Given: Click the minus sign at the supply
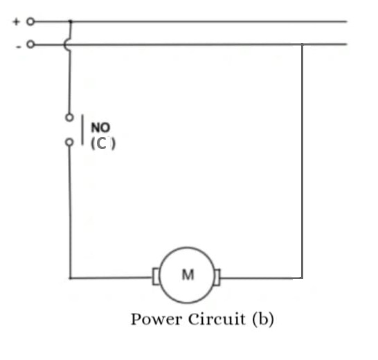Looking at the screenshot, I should (x=17, y=46).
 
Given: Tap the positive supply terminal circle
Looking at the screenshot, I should (x=30, y=21).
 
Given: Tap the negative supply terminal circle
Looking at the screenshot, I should (x=30, y=45).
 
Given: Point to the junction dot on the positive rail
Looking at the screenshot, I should (x=70, y=21).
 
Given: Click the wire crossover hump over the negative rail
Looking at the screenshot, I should (x=67, y=45).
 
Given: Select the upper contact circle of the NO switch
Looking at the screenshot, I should (x=69, y=118).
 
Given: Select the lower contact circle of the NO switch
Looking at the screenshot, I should (x=69, y=143).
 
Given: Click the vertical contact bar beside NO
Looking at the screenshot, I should (x=84, y=130).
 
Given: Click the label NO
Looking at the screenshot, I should (x=100, y=128).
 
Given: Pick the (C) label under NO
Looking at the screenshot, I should (x=102, y=144).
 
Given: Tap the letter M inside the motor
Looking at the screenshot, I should (x=188, y=275).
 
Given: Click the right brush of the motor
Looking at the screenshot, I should (x=218, y=278).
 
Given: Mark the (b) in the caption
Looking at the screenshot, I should (x=262, y=319).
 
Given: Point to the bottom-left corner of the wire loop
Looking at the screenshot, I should (x=70, y=278).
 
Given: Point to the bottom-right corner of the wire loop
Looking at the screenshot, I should (x=302, y=278).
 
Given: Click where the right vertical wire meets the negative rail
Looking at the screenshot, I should (x=302, y=45).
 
